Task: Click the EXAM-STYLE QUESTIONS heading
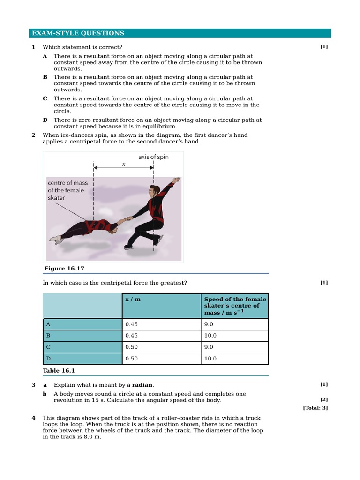[78, 33]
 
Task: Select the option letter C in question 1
[45, 99]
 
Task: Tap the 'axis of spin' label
[153, 157]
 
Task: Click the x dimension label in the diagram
[124, 165]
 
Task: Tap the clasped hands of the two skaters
[126, 220]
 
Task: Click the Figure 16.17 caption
[64, 269]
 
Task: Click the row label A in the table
[48, 324]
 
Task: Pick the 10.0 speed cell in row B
[210, 336]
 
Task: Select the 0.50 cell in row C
[132, 347]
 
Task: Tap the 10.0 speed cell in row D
[210, 359]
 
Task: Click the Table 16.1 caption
[59, 371]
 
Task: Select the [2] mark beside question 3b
[324, 399]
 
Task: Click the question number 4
[33, 418]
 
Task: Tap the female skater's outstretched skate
[57, 240]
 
